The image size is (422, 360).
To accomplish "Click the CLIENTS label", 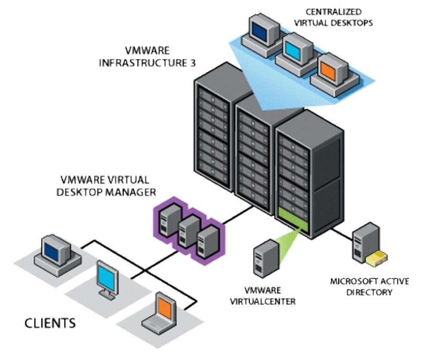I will coord(51,322).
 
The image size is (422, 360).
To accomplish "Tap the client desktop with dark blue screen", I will coord(56,250).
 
